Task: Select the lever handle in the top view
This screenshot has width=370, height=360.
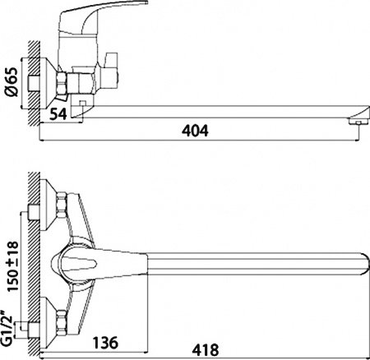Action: tap(78, 265)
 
